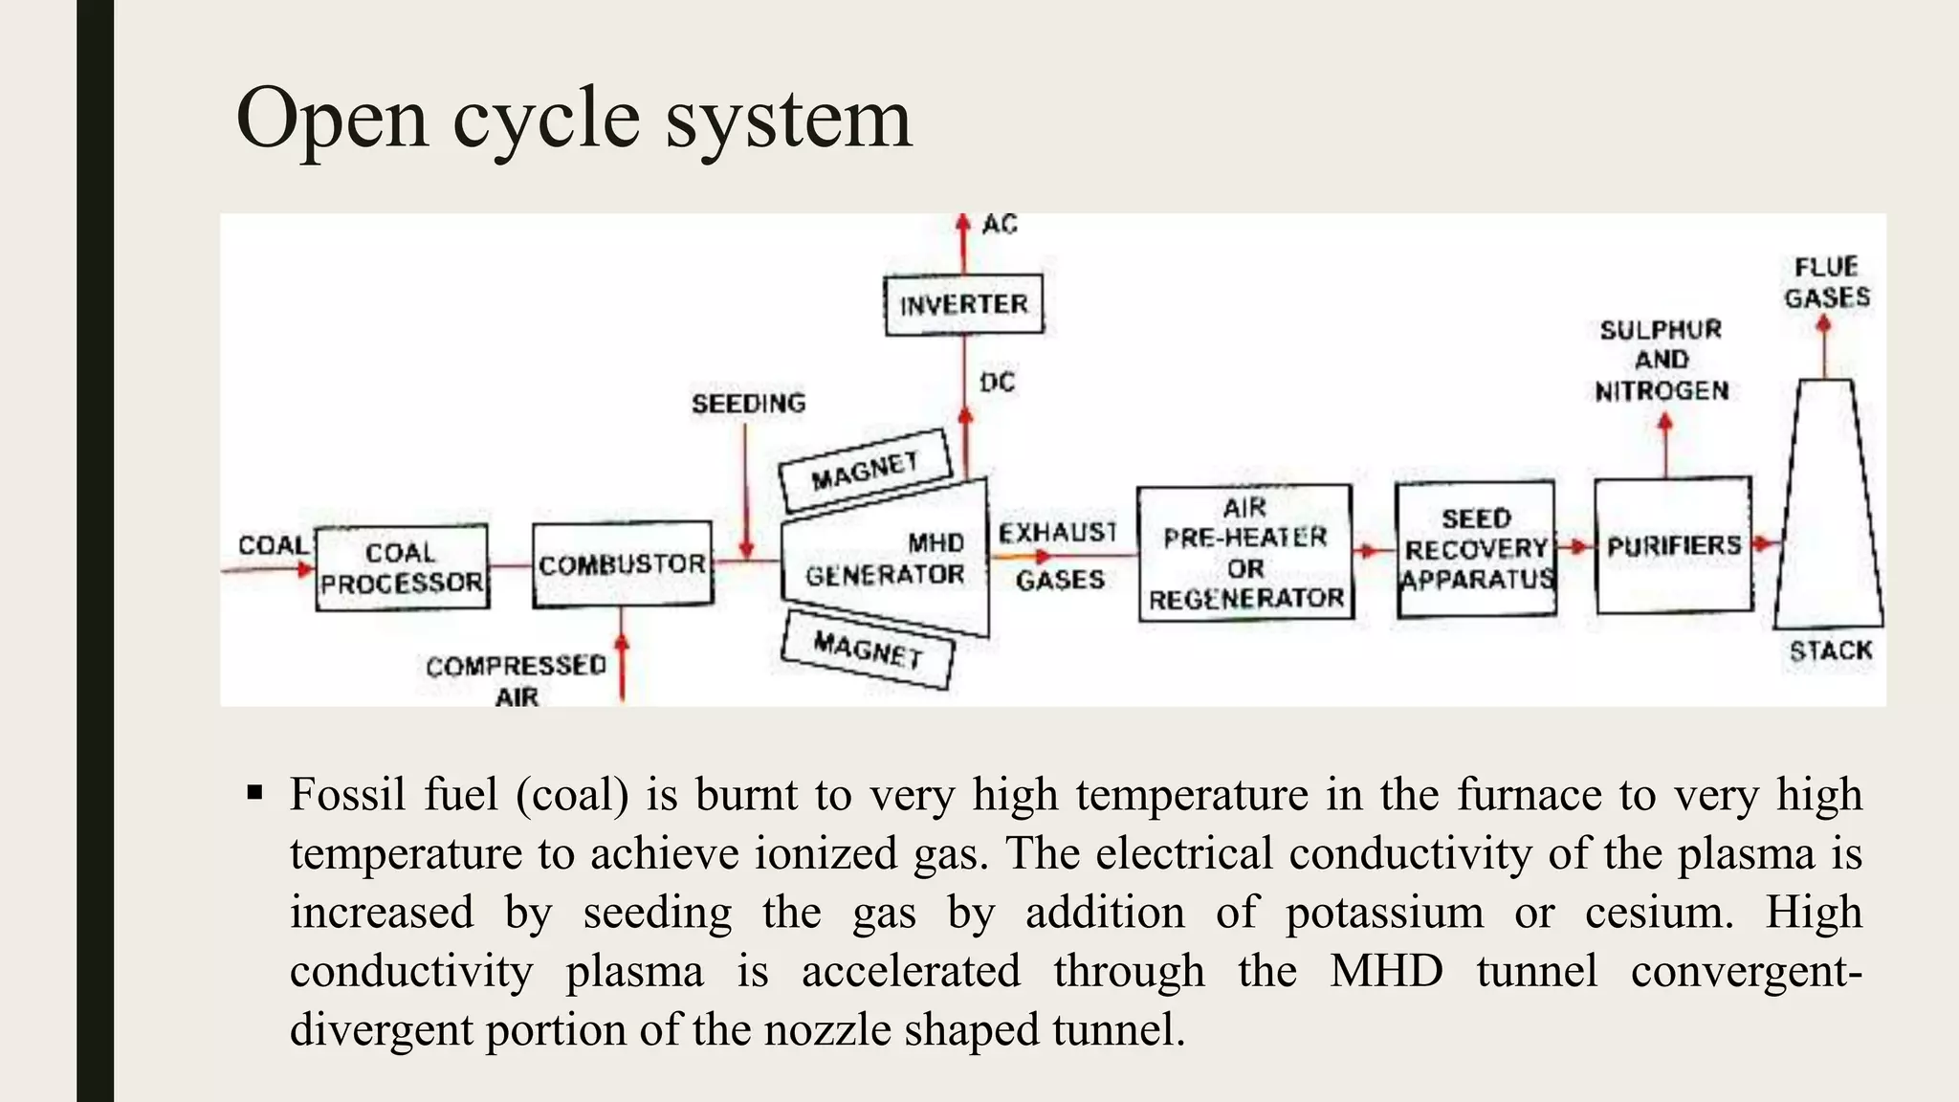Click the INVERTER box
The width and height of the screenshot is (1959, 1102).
[963, 305]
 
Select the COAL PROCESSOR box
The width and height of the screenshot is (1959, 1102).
[402, 567]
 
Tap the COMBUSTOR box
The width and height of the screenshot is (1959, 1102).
[622, 564]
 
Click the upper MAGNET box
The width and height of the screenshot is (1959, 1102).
[866, 470]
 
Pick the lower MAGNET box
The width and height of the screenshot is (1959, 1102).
[868, 650]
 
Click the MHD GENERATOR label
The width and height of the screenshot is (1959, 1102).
[886, 560]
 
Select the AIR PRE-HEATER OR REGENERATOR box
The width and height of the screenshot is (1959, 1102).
[1245, 553]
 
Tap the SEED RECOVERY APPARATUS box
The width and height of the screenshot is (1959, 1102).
[1476, 549]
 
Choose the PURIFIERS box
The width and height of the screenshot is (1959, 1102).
[1674, 545]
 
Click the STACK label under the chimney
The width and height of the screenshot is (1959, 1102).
[1830, 651]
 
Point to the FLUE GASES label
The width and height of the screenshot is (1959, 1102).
[1827, 282]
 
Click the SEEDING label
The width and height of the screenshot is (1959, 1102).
[748, 404]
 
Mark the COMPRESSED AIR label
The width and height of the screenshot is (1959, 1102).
[517, 680]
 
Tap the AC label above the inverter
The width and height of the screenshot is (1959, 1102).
[1000, 225]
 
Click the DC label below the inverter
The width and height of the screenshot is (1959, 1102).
[997, 383]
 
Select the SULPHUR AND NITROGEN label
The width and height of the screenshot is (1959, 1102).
[1662, 361]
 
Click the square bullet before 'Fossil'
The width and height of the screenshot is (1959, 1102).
[254, 793]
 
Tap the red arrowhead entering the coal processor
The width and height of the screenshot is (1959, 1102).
[305, 568]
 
